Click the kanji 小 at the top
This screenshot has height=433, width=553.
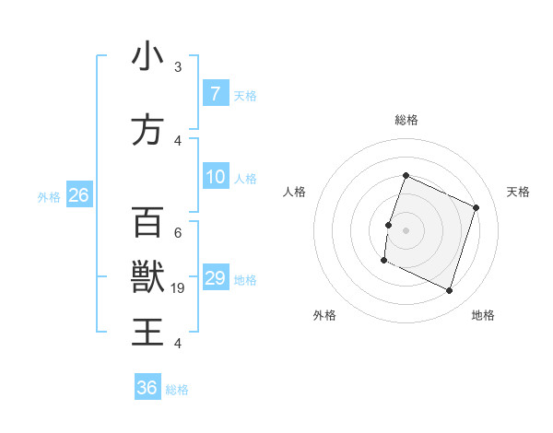point(147,57)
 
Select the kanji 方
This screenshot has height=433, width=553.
point(147,130)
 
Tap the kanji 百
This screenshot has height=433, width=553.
point(147,222)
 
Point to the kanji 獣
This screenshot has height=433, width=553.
point(147,275)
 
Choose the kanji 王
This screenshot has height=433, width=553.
point(147,331)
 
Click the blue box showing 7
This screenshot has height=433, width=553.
point(215,94)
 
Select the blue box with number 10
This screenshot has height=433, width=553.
point(216,177)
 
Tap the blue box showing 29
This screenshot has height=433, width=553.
point(216,278)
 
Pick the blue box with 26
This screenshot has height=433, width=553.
point(78,195)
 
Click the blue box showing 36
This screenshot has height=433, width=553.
point(147,388)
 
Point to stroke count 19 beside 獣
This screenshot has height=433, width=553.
point(179,288)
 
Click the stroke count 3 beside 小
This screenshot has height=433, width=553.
point(178,67)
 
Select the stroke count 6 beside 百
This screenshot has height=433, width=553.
point(178,232)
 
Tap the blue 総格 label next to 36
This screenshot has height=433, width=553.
point(177,390)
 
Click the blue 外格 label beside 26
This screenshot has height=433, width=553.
point(48,196)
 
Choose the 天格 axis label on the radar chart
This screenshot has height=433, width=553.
point(518,192)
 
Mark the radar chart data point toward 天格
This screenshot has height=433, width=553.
point(477,207)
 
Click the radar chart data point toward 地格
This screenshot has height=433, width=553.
point(450,291)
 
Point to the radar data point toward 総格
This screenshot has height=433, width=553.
point(406,176)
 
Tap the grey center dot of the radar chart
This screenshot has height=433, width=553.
point(406,229)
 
